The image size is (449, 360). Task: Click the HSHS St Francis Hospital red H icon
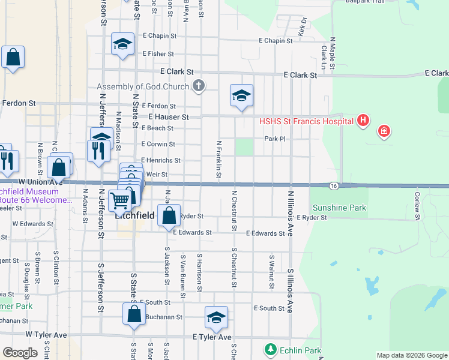363,121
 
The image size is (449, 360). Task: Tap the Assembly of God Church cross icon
199,86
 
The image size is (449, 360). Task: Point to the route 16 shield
334,186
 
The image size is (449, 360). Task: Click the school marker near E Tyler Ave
216,318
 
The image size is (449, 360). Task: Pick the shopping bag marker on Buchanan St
134,314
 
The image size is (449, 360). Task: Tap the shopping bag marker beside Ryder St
169,215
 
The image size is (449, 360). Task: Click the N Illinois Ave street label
290,213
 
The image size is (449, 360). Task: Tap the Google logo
20,353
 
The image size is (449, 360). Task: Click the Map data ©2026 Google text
412,355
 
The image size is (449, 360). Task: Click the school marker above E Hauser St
241,95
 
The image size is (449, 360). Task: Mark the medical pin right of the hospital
383,131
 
